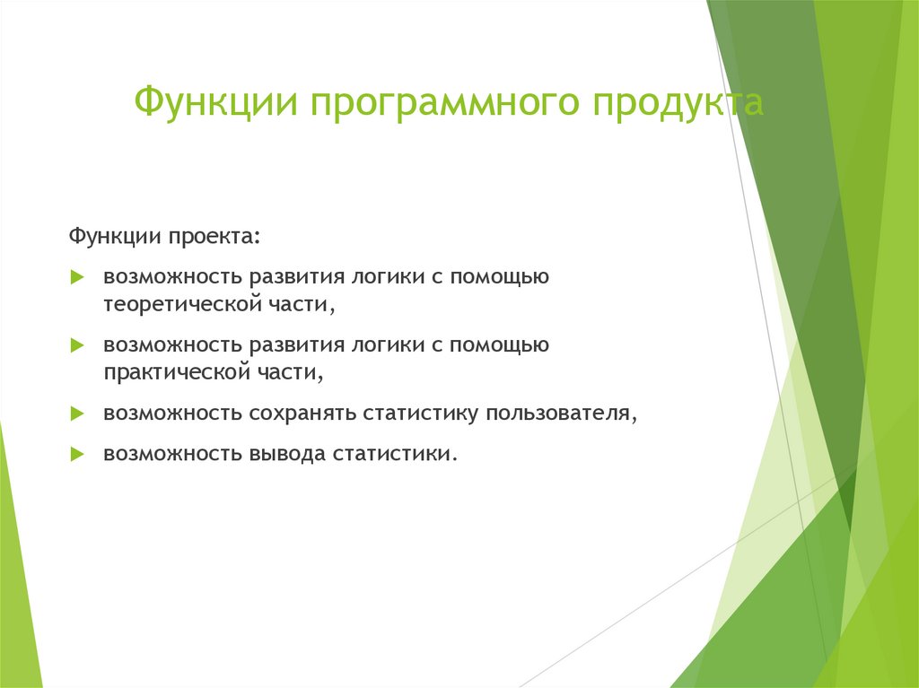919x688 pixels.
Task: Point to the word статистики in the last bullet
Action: coord(394,454)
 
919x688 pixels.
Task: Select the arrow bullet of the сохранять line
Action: coord(77,414)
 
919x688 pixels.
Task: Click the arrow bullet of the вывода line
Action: coord(77,455)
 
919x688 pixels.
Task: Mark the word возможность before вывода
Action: coord(172,454)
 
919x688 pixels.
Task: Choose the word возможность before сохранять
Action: coord(172,413)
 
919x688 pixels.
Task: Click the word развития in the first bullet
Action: coord(294,277)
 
